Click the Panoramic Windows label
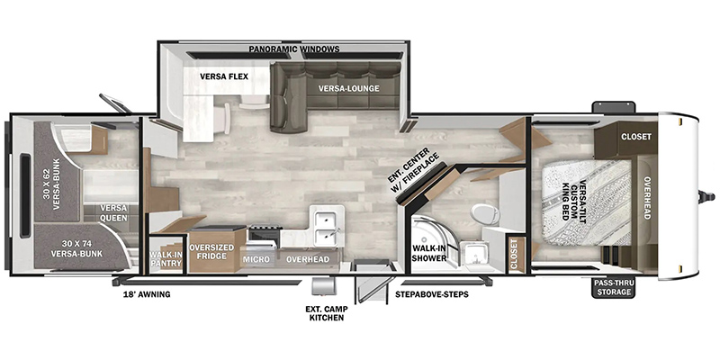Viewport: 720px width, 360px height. [294, 49]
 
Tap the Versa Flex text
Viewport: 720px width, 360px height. [224, 76]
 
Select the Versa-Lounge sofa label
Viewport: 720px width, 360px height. [350, 88]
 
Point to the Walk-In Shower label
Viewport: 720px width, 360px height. [429, 253]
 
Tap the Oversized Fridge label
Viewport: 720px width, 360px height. [211, 252]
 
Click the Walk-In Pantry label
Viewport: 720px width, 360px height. [166, 259]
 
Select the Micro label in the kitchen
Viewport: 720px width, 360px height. [256, 259]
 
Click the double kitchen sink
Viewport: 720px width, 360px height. [327, 225]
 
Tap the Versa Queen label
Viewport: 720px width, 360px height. [114, 213]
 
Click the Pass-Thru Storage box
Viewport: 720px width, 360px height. [613, 287]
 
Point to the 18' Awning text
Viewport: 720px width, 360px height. [147, 294]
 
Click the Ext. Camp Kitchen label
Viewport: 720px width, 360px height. [326, 312]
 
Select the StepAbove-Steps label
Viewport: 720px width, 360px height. [432, 294]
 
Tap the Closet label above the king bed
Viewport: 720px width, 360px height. [636, 137]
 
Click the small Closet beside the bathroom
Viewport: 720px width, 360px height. [514, 254]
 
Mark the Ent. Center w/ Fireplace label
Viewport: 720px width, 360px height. [412, 171]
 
